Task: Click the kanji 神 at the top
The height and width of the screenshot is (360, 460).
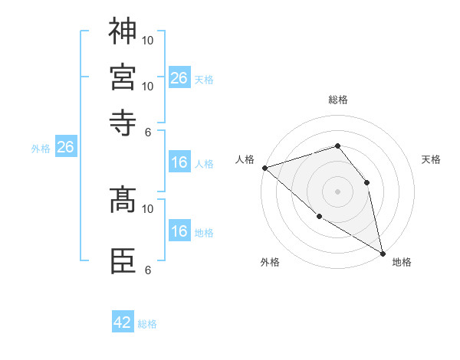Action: pyautogui.click(x=123, y=31)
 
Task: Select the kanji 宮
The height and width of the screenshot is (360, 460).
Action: pyautogui.click(x=123, y=76)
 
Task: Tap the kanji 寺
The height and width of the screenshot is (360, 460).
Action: pyautogui.click(x=123, y=120)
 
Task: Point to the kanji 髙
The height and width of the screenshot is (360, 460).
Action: pyautogui.click(x=123, y=201)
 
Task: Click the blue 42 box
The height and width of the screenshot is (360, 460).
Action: pyautogui.click(x=123, y=322)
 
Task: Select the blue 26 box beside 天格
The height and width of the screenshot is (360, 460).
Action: pyautogui.click(x=179, y=77)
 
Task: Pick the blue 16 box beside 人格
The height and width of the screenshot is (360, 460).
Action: pyautogui.click(x=179, y=163)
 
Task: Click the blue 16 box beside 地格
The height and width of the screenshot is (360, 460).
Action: pyautogui.click(x=179, y=232)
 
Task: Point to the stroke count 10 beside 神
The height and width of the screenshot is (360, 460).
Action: pyautogui.click(x=148, y=40)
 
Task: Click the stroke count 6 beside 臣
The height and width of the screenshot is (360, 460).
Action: pyautogui.click(x=148, y=270)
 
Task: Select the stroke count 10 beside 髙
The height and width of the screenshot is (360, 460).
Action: pyautogui.click(x=148, y=208)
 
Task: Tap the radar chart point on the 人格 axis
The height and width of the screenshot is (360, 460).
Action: pyautogui.click(x=264, y=168)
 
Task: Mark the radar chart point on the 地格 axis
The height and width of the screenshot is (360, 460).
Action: pyautogui.click(x=382, y=253)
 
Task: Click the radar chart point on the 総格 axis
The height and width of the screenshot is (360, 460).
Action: pyautogui.click(x=337, y=146)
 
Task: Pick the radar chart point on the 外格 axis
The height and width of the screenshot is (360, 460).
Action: pyautogui.click(x=320, y=217)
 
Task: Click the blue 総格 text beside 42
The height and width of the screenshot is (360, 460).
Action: pyautogui.click(x=147, y=324)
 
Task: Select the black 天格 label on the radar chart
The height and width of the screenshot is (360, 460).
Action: pyautogui.click(x=432, y=159)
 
